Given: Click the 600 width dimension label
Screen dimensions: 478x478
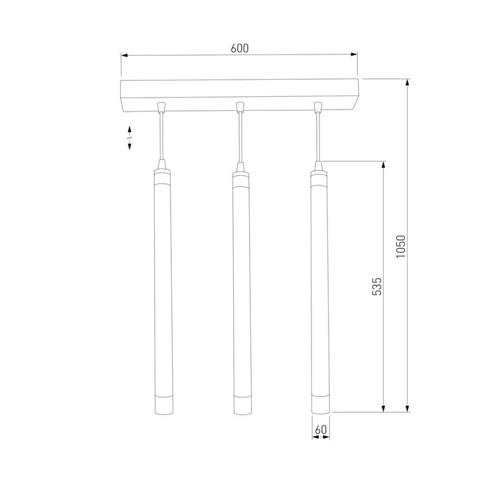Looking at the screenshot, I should point(239,48).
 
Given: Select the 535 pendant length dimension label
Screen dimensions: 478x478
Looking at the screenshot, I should point(376,286).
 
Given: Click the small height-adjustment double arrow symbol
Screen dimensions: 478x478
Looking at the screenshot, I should point(130,137).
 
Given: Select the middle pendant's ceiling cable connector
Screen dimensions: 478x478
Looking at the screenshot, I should point(239,106).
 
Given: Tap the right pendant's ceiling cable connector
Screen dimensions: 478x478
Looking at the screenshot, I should point(318,106).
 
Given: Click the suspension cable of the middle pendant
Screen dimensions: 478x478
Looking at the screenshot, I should point(239,136).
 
